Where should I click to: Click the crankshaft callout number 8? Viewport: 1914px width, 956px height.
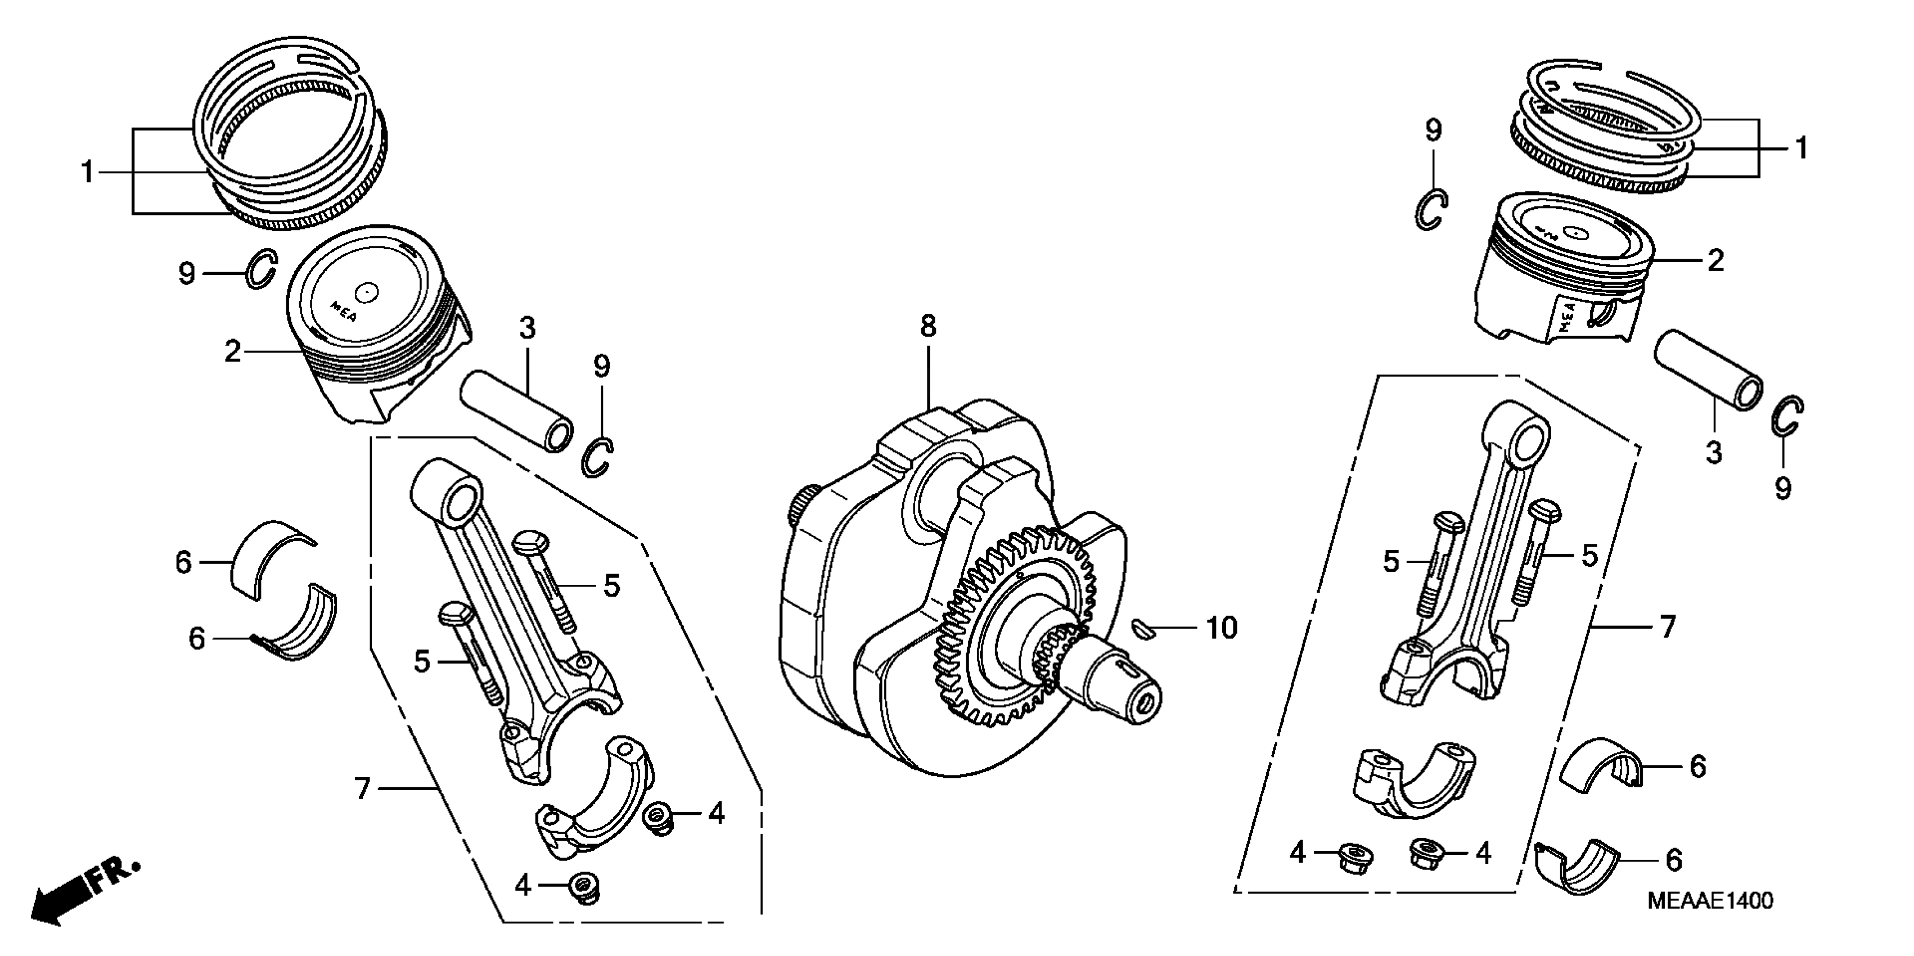coord(928,326)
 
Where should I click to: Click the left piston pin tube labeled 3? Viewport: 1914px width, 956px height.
coord(516,411)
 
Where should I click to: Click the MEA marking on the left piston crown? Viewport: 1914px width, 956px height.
coord(343,310)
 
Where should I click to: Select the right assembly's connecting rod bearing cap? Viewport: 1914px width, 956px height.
coord(1412,789)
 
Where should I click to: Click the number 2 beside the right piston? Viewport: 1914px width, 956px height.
coord(1715,261)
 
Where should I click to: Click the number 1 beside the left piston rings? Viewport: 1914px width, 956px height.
coord(88,172)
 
